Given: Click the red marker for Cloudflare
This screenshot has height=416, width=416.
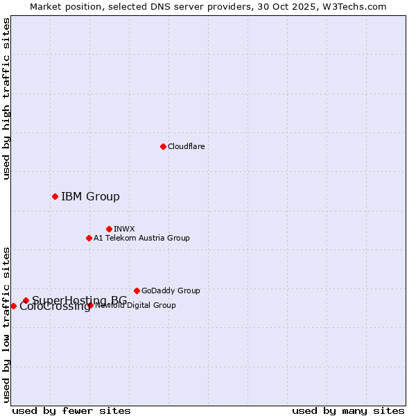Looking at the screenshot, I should tap(163, 146).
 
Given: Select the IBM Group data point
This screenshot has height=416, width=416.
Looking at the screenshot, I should tap(55, 196).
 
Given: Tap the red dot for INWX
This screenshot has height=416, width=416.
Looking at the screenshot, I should tap(109, 229).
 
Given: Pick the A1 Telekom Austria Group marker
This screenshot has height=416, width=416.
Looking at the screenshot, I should tap(89, 238).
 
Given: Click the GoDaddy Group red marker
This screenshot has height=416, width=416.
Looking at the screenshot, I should tap(137, 291).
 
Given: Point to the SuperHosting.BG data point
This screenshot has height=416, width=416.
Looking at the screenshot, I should tap(26, 300).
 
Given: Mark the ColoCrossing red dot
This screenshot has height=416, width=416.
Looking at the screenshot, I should tap(13, 306).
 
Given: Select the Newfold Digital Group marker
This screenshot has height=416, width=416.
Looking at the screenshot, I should tap(91, 305).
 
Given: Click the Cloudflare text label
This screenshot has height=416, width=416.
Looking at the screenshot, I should tap(186, 146).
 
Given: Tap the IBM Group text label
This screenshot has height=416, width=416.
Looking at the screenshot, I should tap(90, 196).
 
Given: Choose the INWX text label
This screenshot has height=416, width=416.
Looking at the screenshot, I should tap(124, 229).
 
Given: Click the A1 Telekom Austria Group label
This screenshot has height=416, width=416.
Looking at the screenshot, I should tap(141, 238).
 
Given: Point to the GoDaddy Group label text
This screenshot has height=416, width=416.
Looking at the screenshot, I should tap(171, 291).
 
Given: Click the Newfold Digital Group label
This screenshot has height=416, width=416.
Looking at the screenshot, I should tap(136, 305).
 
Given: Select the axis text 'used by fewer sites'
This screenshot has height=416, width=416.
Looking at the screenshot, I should tap(71, 410).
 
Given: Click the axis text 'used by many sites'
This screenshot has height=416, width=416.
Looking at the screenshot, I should tap(348, 410).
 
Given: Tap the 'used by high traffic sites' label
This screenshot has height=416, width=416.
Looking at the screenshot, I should tap(6, 98).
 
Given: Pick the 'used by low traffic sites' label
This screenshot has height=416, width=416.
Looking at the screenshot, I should tap(6, 324).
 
